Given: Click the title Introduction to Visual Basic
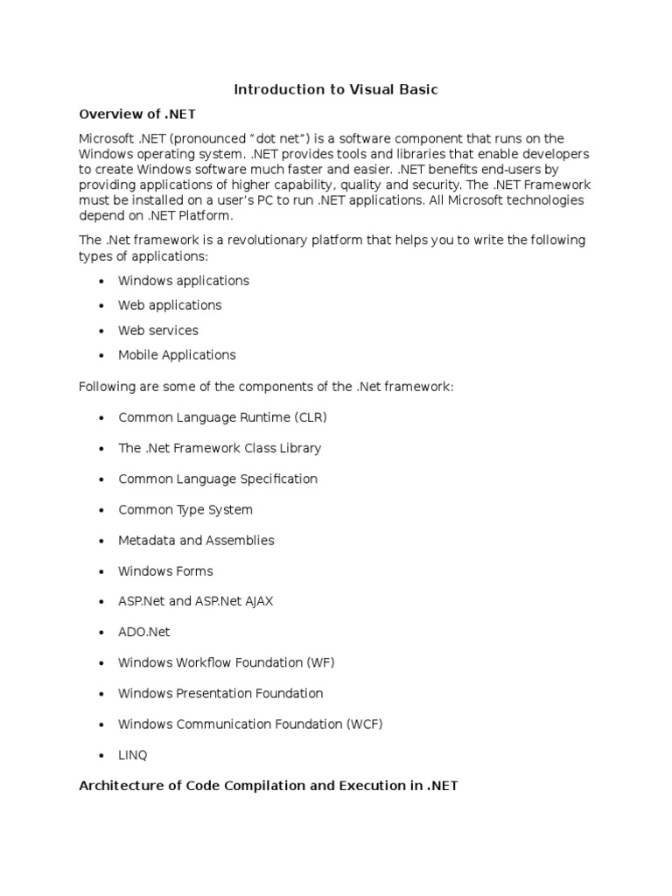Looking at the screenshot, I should [335, 89].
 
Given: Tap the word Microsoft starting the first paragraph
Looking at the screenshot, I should [106, 138].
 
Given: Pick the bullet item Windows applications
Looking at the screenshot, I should [184, 281].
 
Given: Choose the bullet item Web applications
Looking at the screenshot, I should [170, 305].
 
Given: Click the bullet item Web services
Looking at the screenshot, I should [158, 331].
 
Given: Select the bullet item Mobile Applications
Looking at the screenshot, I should [177, 355].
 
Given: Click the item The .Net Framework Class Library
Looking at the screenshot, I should [220, 448].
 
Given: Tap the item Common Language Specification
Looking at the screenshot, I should [218, 479].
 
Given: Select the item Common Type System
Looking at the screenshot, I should [185, 509].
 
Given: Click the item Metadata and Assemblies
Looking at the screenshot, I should [196, 540].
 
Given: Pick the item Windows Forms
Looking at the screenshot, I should [165, 570].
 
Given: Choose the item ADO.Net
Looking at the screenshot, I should [144, 632].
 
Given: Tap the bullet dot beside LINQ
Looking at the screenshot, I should [102, 755].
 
